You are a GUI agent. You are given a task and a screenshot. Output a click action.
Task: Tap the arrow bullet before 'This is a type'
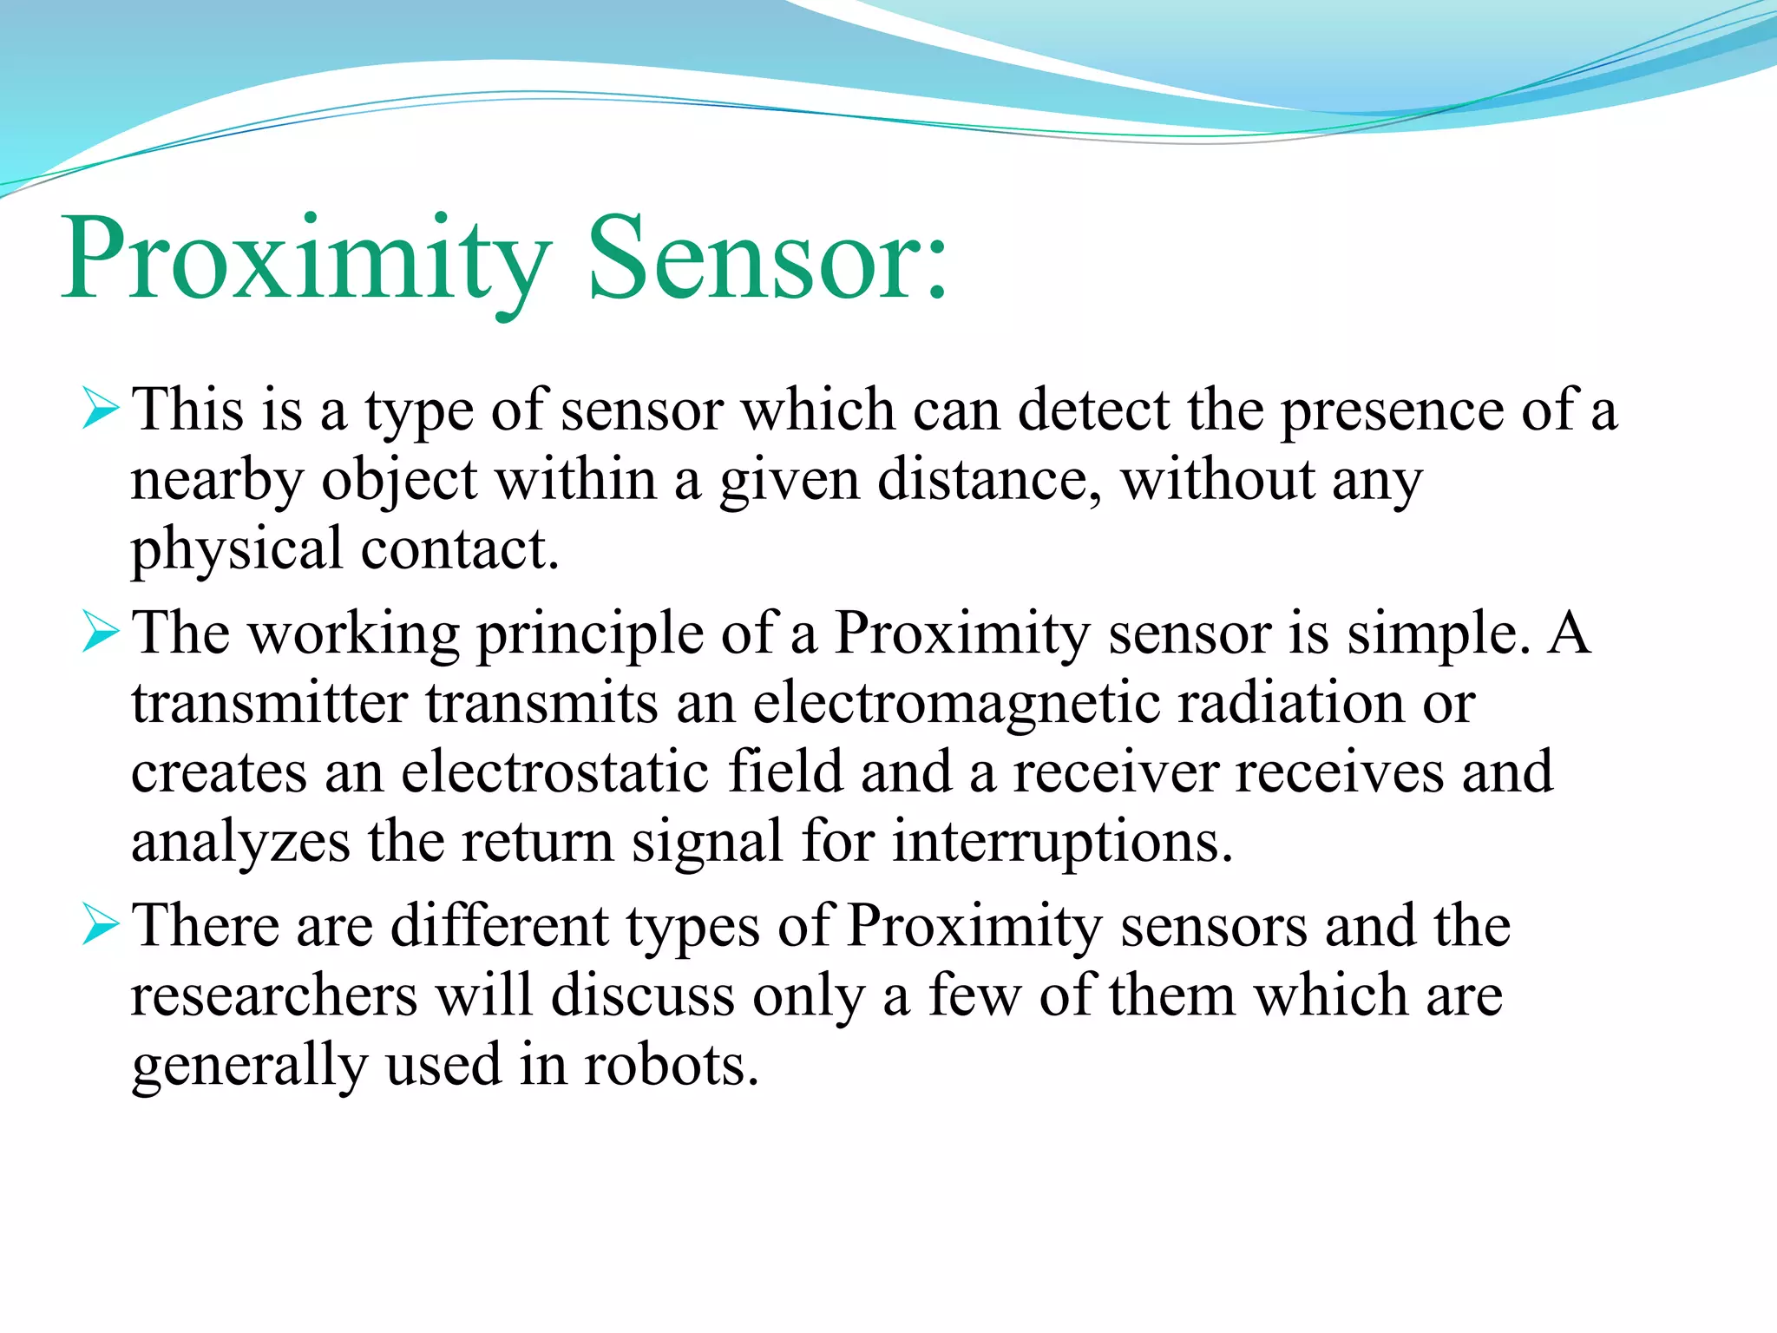coord(100,409)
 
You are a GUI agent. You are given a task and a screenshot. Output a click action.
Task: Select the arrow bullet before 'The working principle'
coord(100,632)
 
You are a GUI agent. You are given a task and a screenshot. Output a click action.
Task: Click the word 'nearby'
coord(217,480)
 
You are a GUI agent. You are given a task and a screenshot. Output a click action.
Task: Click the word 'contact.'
coord(460,549)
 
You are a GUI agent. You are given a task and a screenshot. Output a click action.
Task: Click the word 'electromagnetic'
coord(955,703)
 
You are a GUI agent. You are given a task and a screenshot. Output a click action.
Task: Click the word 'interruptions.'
coord(1062,842)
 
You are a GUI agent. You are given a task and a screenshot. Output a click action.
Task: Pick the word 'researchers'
coord(274,995)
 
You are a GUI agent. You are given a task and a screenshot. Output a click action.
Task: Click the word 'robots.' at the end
coord(671,1065)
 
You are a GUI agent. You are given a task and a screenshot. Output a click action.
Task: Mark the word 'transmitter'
coord(270,702)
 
